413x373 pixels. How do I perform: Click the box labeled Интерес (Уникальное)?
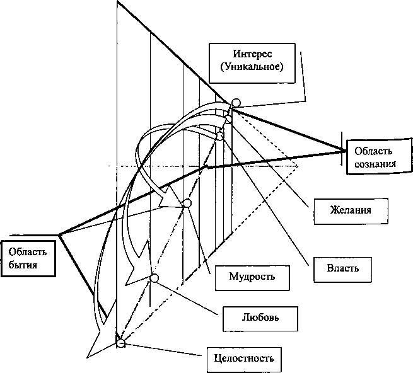click(252, 63)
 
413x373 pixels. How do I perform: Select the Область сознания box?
click(379, 157)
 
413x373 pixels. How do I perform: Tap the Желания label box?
click(351, 211)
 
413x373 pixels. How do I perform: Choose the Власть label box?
click(342, 270)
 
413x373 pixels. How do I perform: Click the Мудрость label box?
click(252, 278)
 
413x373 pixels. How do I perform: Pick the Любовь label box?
click(260, 319)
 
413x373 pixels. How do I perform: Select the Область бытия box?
click(28, 258)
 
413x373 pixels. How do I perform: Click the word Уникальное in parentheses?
click(252, 67)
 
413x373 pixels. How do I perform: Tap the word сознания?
click(375, 164)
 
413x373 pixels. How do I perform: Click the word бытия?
click(23, 265)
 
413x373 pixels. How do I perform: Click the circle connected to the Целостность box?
click(121, 343)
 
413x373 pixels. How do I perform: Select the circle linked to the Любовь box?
click(154, 278)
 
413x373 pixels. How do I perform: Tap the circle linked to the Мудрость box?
click(187, 204)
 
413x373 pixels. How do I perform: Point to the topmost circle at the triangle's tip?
click(236, 103)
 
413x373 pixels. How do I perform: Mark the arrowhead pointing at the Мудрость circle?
click(168, 198)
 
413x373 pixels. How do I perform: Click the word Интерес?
click(252, 54)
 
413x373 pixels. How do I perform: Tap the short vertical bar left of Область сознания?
click(342, 149)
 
